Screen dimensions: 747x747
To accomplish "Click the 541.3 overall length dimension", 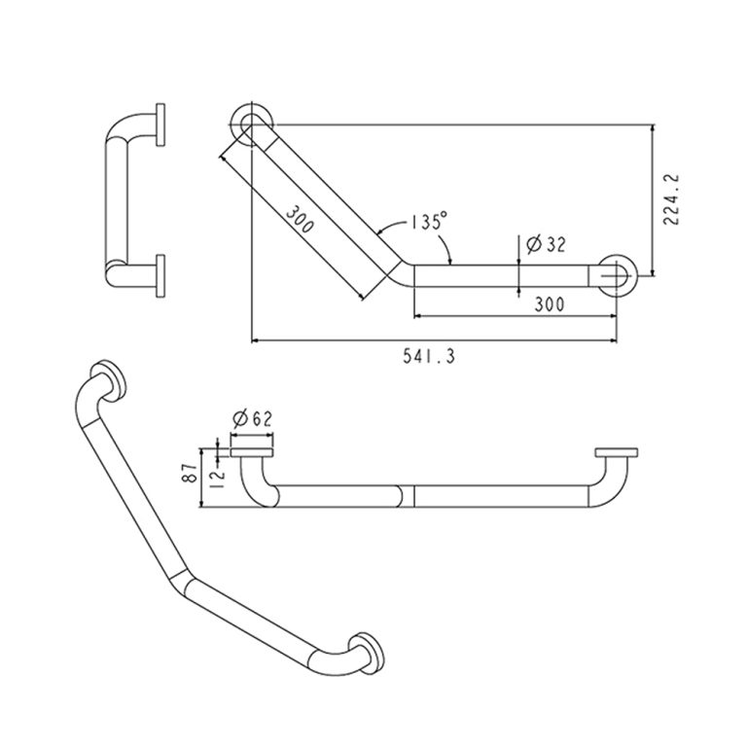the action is (429, 356).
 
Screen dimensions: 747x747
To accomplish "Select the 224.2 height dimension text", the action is (671, 199).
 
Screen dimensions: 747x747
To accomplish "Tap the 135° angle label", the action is (430, 221).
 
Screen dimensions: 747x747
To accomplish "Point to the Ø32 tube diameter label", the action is (546, 244).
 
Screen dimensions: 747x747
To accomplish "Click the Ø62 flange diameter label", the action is (253, 419).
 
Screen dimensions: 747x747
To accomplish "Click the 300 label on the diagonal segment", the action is (301, 219).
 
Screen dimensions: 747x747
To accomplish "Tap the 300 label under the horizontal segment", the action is (550, 303).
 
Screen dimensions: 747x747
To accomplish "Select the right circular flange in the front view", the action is (617, 275).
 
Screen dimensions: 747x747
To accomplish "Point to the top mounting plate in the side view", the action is (160, 124).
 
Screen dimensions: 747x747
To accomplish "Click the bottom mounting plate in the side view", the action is (160, 276).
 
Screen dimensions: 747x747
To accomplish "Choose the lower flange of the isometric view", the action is (366, 654).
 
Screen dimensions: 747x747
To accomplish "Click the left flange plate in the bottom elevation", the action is (252, 452).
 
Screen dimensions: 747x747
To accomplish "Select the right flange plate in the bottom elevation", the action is (617, 452).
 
